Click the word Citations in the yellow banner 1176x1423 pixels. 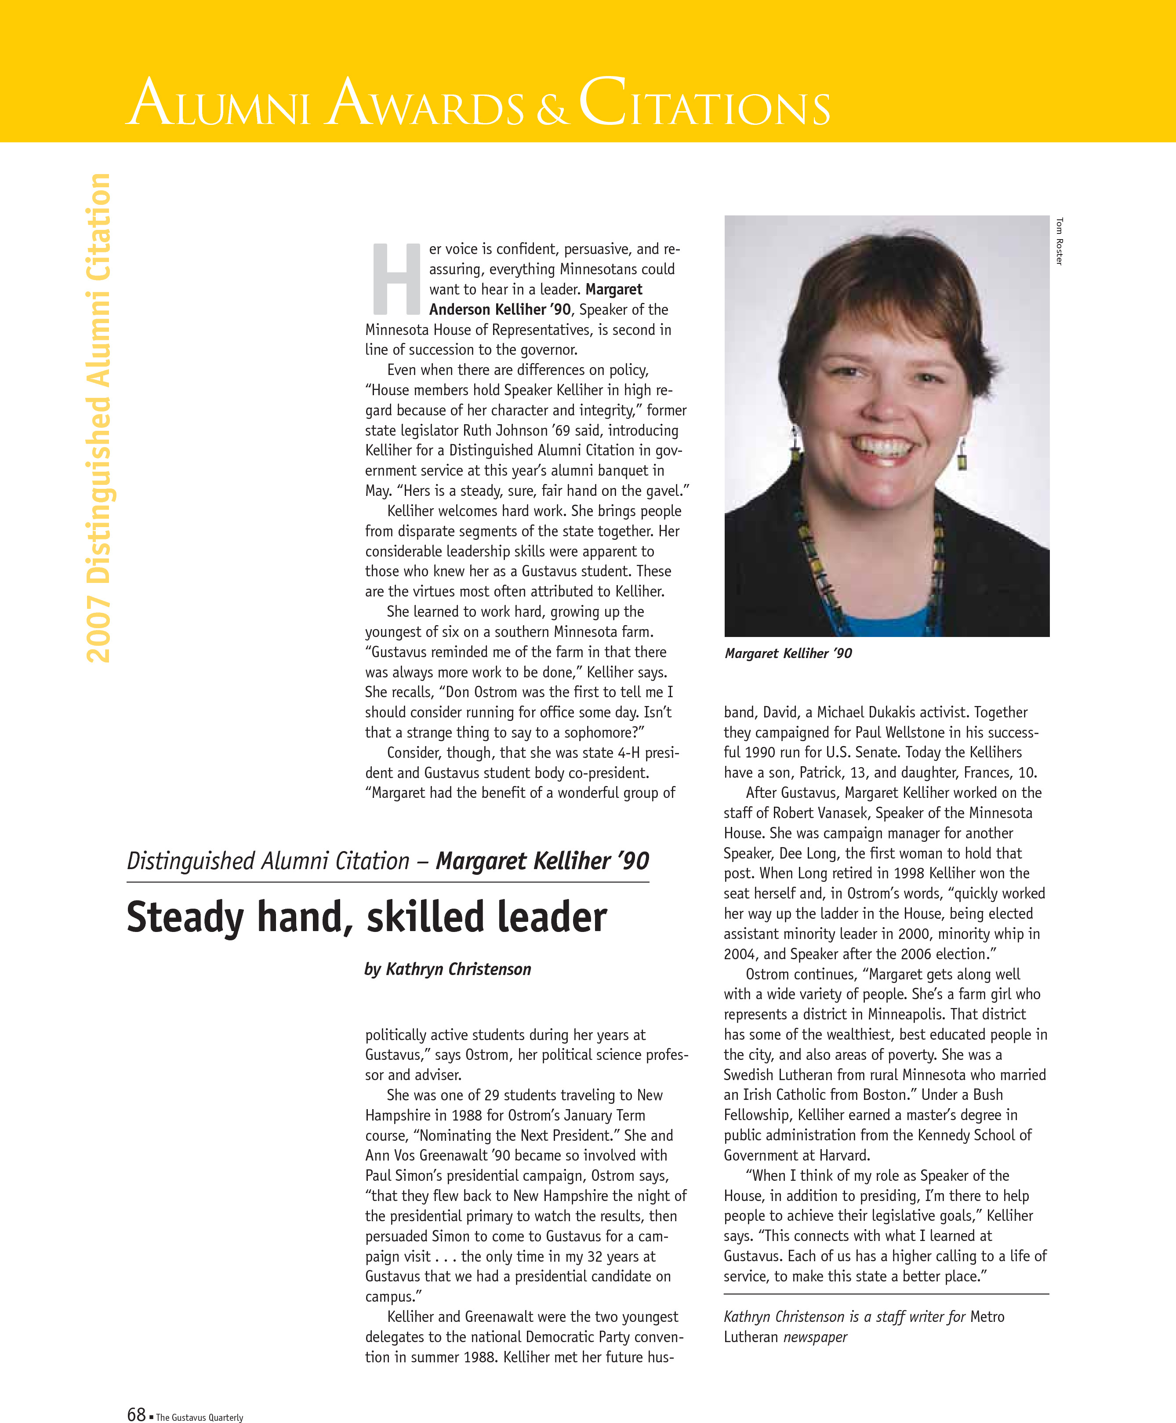(704, 103)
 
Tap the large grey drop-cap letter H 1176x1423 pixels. (396, 279)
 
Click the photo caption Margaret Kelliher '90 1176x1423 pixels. (788, 653)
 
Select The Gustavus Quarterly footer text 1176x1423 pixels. (199, 1417)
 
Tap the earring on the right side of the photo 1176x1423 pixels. (962, 456)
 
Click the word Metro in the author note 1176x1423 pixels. (987, 1317)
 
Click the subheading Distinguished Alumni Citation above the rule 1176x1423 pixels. (268, 861)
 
